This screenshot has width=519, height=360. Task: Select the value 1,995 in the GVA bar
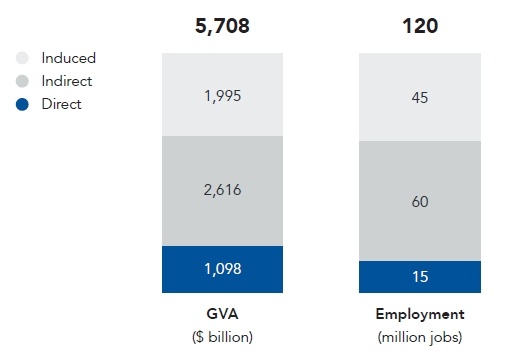pyautogui.click(x=222, y=97)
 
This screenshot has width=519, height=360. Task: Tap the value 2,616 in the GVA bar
pyautogui.click(x=222, y=189)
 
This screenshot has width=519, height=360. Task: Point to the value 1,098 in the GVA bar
pyautogui.click(x=222, y=268)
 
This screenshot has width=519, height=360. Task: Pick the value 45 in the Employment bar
pyautogui.click(x=420, y=97)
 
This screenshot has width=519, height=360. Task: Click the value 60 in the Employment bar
pyautogui.click(x=420, y=201)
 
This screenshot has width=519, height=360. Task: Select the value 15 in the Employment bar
pyautogui.click(x=420, y=276)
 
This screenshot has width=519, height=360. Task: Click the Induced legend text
pyautogui.click(x=68, y=58)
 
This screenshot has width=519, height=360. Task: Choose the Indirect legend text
pyautogui.click(x=67, y=81)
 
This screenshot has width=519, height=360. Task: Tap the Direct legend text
pyautogui.click(x=61, y=103)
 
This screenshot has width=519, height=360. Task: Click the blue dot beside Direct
pyautogui.click(x=23, y=104)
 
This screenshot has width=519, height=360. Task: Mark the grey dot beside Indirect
pyautogui.click(x=23, y=81)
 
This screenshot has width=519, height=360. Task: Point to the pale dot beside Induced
pyautogui.click(x=23, y=58)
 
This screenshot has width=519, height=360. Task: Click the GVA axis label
pyautogui.click(x=222, y=314)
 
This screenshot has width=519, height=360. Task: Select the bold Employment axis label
pyautogui.click(x=420, y=314)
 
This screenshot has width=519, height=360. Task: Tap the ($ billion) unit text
pyautogui.click(x=222, y=336)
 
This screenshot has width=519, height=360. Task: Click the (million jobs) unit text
pyautogui.click(x=420, y=336)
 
